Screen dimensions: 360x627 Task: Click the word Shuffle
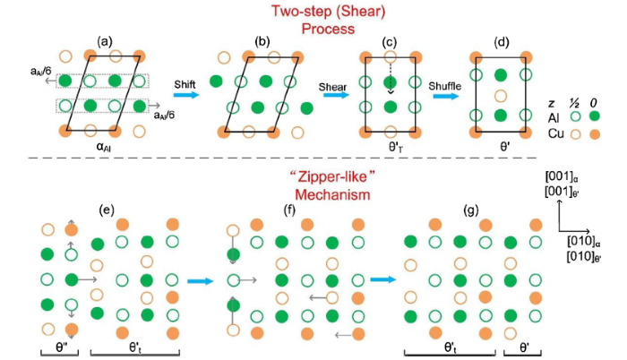[x=445, y=81]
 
